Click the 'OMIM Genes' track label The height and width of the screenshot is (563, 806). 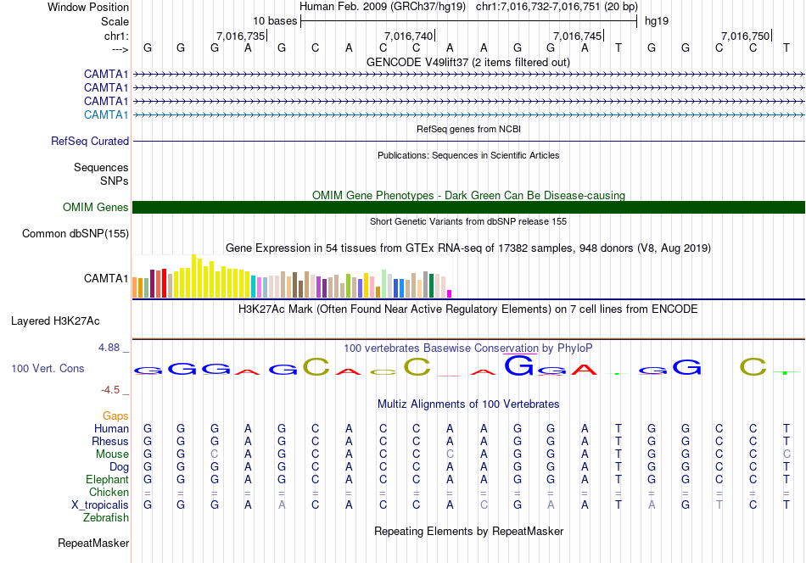(96, 208)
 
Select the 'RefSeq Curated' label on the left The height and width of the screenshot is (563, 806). (90, 142)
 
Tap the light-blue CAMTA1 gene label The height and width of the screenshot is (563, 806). (106, 115)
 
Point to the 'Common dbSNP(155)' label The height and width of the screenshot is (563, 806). (76, 234)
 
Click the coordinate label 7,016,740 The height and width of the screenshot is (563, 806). (408, 36)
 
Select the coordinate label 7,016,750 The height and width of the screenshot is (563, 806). (745, 36)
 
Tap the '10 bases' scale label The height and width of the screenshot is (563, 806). (275, 20)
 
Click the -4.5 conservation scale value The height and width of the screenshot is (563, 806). (115, 390)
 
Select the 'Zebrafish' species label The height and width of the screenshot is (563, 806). (106, 517)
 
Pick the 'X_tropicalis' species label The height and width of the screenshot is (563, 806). (100, 504)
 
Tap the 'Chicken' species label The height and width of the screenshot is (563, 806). (109, 492)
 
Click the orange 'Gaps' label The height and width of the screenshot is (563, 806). (115, 415)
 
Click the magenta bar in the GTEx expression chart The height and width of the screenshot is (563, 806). (449, 293)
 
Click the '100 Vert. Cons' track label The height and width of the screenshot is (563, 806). (48, 369)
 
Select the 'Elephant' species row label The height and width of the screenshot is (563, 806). (107, 479)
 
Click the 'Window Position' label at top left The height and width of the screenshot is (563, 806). (88, 7)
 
